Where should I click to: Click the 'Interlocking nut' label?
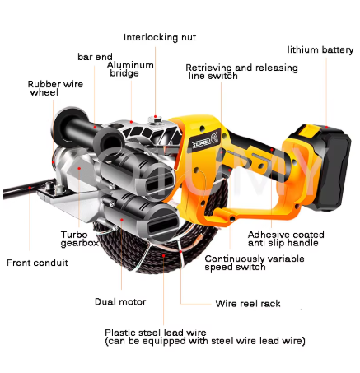click(x=160, y=37)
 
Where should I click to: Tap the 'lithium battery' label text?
click(x=320, y=49)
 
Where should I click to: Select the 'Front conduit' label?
click(x=37, y=263)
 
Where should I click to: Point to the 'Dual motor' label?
click(x=120, y=301)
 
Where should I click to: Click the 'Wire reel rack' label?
click(x=248, y=304)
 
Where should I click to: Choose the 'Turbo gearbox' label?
click(x=80, y=239)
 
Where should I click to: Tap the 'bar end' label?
click(x=95, y=57)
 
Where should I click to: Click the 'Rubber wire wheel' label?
click(x=55, y=88)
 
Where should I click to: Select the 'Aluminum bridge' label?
click(x=130, y=69)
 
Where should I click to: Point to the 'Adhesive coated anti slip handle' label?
click(x=286, y=239)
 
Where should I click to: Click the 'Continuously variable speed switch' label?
click(x=255, y=263)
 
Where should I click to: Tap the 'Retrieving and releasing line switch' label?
click(x=241, y=72)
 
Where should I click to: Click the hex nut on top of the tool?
click(x=155, y=121)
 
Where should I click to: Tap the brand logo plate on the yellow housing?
click(x=204, y=140)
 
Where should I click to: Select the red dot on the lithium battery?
click(x=326, y=127)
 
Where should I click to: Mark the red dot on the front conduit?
click(x=30, y=188)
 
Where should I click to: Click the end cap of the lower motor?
click(x=162, y=225)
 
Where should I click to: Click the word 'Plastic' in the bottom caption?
click(x=120, y=333)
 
